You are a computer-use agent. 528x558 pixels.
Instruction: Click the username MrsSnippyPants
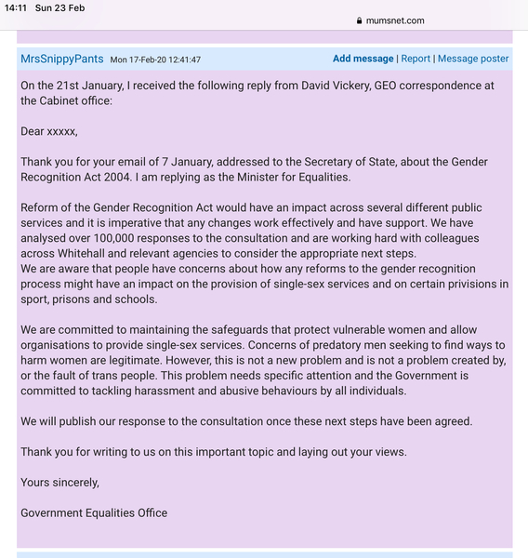tap(61, 59)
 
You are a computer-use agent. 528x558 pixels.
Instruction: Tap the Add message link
tap(363, 59)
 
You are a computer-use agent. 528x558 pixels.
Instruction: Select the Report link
tap(416, 59)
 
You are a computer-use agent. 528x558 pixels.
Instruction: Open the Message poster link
tap(473, 59)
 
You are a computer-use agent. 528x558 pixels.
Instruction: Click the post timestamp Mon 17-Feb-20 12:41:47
tap(155, 60)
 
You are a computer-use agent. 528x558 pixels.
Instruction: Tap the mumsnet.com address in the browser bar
tap(395, 20)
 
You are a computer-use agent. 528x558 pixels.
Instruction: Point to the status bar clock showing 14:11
tap(16, 7)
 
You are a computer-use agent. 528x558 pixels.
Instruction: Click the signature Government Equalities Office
tap(94, 512)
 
